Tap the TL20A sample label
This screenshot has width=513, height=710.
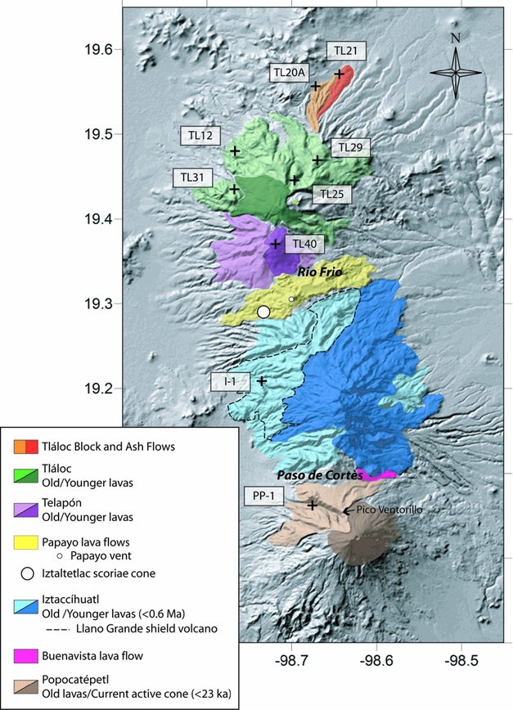pyautogui.click(x=289, y=72)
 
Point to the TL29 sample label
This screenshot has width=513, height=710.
pyautogui.click(x=350, y=147)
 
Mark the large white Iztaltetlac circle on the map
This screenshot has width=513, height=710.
pyautogui.click(x=263, y=312)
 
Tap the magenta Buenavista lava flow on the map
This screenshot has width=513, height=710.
pyautogui.click(x=382, y=474)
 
